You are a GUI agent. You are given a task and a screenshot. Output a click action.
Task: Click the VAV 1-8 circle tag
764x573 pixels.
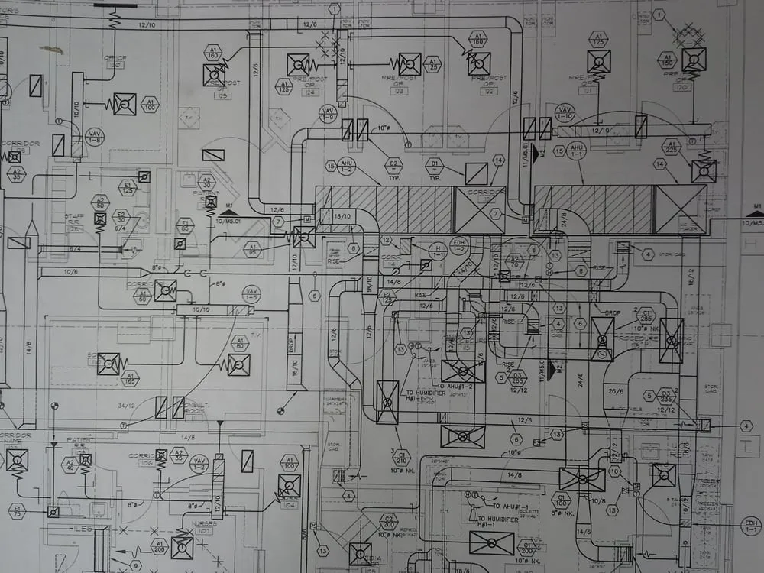(x=95, y=137)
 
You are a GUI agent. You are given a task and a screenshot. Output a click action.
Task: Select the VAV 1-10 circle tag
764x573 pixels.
(x=565, y=114)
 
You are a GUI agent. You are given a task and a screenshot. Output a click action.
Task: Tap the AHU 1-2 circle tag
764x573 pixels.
(x=348, y=166)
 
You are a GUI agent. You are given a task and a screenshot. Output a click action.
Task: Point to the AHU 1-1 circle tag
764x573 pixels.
(x=577, y=151)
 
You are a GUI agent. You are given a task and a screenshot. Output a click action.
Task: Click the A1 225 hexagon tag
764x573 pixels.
(x=672, y=147)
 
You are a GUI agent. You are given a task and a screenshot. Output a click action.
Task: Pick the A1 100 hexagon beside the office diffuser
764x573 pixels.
(x=150, y=104)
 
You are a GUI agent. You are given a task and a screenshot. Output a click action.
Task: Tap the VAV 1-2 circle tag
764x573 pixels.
(x=199, y=463)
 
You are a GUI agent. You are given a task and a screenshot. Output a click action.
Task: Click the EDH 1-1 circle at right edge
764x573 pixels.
(x=751, y=525)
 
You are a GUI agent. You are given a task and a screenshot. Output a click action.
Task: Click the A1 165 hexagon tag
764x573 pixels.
(x=130, y=378)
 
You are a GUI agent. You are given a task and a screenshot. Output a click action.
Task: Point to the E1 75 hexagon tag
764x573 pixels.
(x=17, y=510)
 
